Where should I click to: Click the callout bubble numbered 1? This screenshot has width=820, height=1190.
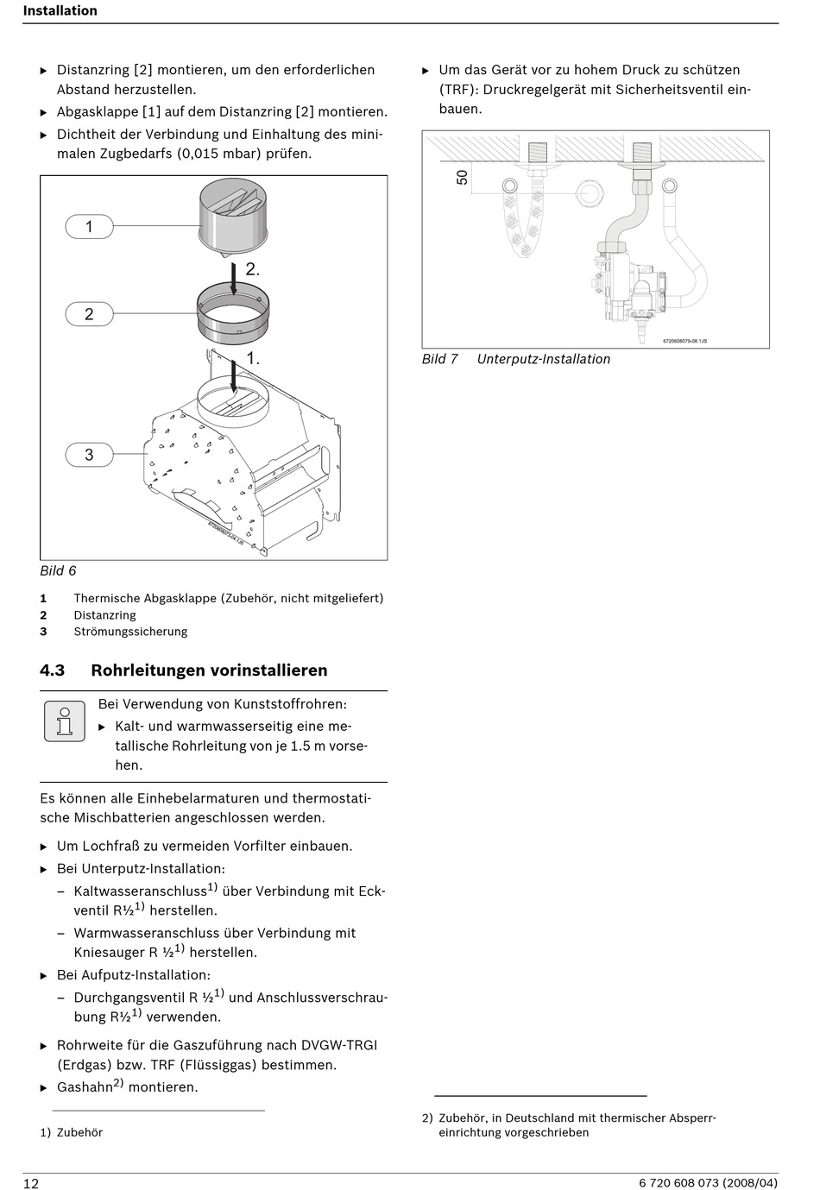pos(89,227)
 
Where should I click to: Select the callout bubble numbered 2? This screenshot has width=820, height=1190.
pos(89,314)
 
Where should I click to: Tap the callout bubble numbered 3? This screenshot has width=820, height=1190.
pos(89,455)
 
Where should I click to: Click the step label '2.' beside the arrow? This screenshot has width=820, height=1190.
pos(252,269)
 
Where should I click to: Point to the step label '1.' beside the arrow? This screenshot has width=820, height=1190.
pos(253,357)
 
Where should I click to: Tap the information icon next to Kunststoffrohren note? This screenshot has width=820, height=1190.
pos(65,721)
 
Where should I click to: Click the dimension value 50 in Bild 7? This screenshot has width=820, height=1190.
pos(463,177)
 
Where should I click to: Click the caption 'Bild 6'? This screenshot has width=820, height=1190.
pos(58,570)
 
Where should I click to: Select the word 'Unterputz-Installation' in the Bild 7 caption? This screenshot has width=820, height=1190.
pos(544,359)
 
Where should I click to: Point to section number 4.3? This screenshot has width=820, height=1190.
pos(53,671)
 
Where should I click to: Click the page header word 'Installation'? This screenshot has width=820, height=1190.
pos(60,11)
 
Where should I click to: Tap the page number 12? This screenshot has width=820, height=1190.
pos(31,1183)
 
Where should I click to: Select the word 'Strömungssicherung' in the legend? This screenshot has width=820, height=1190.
pos(130,632)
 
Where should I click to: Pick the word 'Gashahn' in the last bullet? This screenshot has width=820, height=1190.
pos(85,1087)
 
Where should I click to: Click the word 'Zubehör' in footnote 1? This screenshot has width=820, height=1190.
pos(79,1132)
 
